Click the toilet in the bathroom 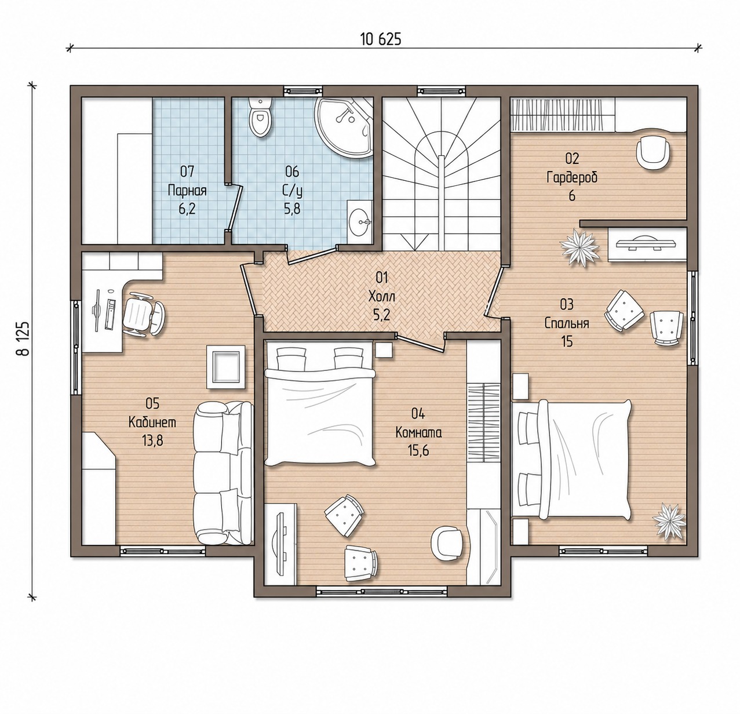pos(260,117)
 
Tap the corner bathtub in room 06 pos(344,127)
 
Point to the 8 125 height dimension pos(23,338)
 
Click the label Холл pos(382,296)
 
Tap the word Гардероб pos(572,178)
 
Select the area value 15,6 pos(418,451)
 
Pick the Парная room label pos(187,190)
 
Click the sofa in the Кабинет pos(224,474)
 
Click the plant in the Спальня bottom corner pos(669,519)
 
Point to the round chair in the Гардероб pos(652,152)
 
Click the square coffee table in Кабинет pos(226,367)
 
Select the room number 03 pos(567,304)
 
